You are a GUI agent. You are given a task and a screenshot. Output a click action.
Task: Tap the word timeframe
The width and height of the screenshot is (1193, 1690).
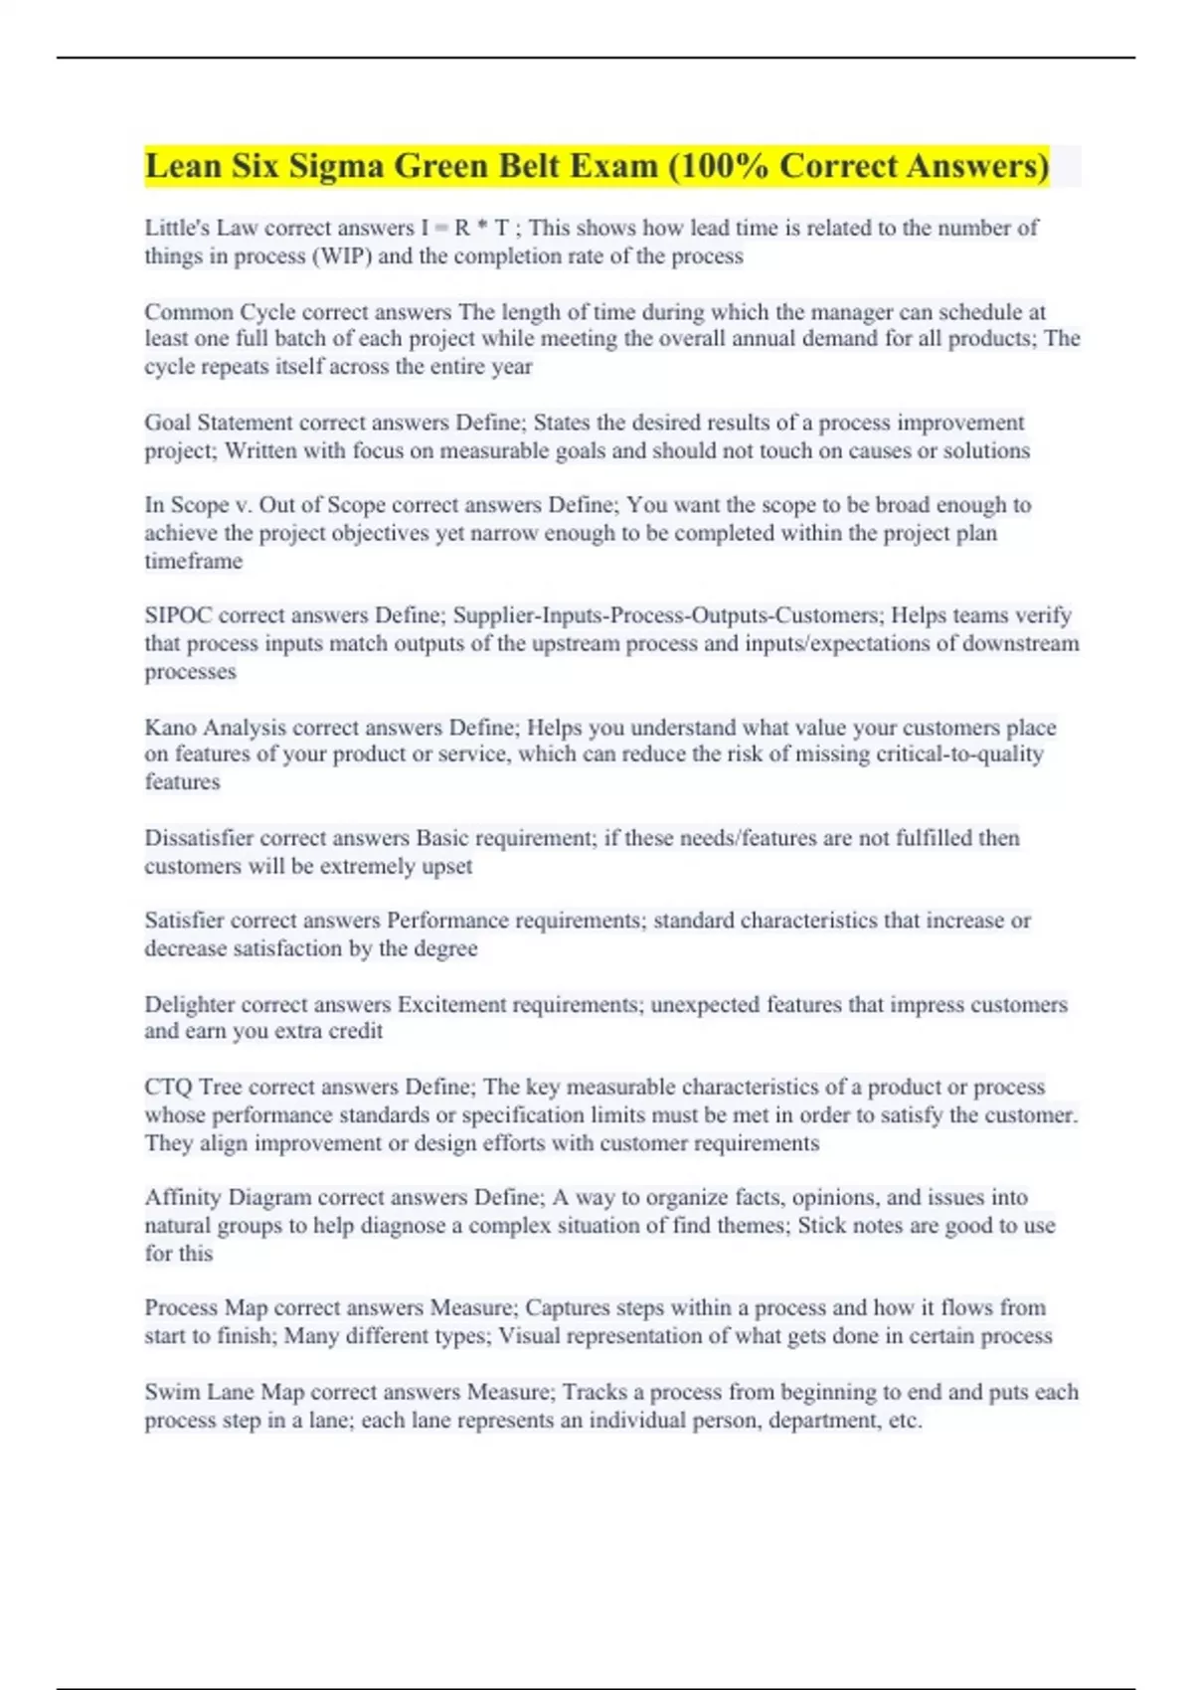[x=194, y=562]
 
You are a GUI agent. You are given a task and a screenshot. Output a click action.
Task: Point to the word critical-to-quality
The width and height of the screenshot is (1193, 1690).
[x=959, y=755]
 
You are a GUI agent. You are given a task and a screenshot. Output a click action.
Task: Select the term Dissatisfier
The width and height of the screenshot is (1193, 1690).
[x=199, y=838]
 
